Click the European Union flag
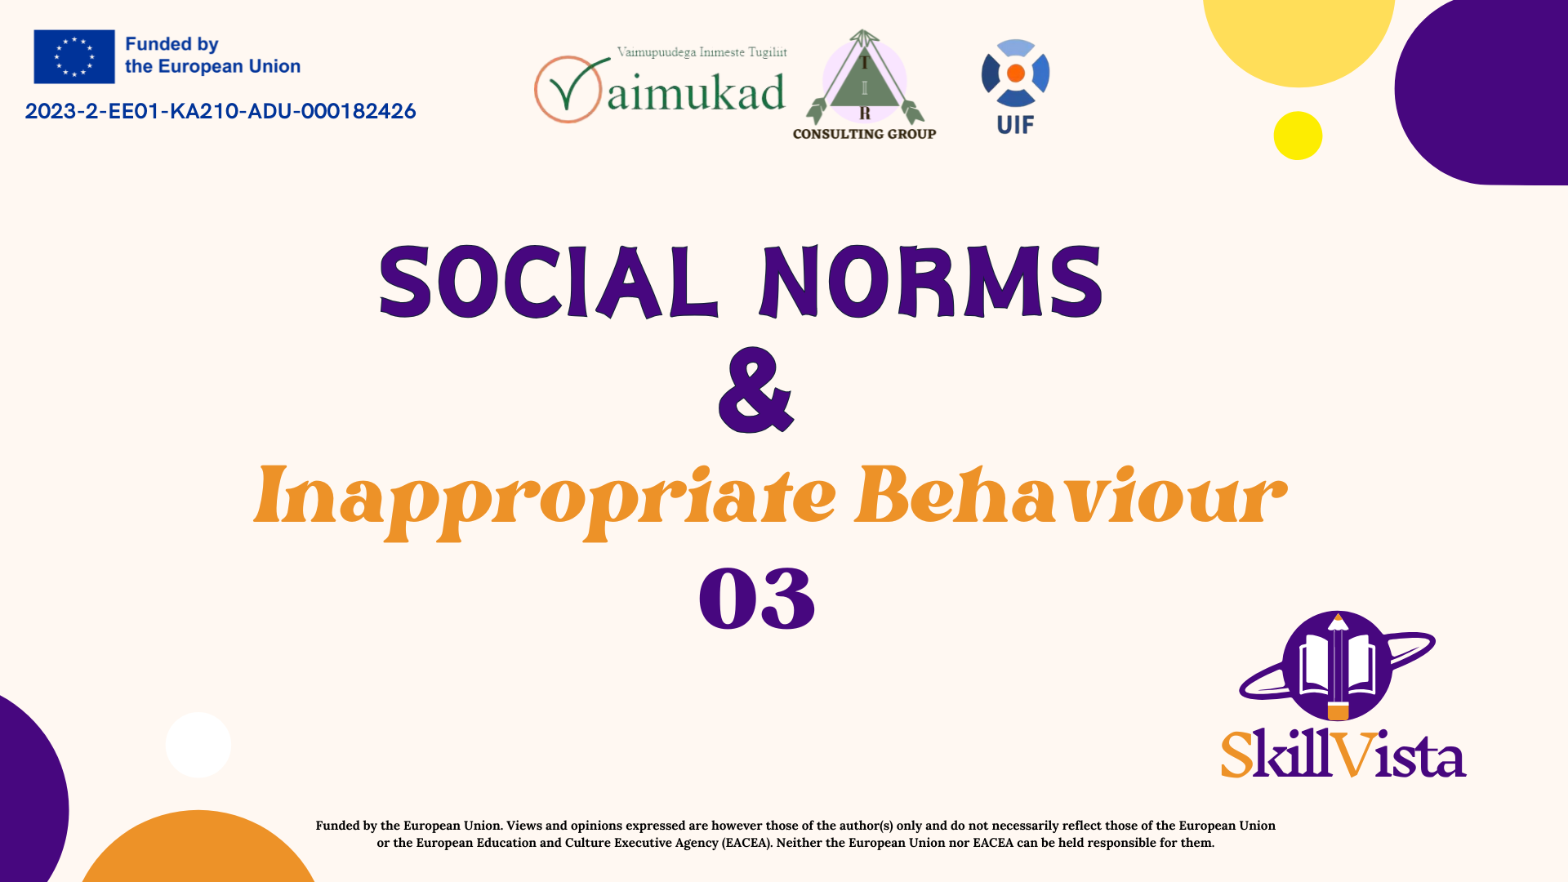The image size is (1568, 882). pyautogui.click(x=74, y=56)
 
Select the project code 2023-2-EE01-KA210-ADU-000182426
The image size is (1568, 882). pyautogui.click(x=220, y=111)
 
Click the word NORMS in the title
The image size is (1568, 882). pyautogui.click(x=931, y=282)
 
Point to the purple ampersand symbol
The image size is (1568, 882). pyautogui.click(x=755, y=390)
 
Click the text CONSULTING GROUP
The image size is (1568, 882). pyautogui.click(x=864, y=134)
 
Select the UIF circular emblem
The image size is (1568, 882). pyautogui.click(x=1015, y=73)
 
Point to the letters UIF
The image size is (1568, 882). pyautogui.click(x=1015, y=125)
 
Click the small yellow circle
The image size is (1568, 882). pyautogui.click(x=1298, y=136)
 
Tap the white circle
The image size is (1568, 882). pyautogui.click(x=198, y=745)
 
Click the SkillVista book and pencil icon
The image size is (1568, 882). pyautogui.click(x=1337, y=666)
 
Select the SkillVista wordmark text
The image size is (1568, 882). pyautogui.click(x=1343, y=753)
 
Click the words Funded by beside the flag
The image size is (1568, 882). pyautogui.click(x=171, y=44)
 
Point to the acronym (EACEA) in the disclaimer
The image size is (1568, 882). pyautogui.click(x=747, y=843)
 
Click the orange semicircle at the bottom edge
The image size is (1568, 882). pyautogui.click(x=198, y=849)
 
